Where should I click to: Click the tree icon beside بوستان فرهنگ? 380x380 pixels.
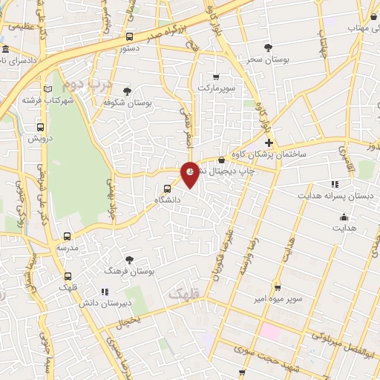coord(130,260)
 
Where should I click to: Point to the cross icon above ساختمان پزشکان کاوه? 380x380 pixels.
coord(269,142)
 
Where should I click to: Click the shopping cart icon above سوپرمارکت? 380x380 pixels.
coord(215,76)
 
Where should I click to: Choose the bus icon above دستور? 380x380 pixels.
coord(130,36)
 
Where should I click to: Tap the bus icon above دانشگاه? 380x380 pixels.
coord(167,188)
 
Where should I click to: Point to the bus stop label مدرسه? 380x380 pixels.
coord(68,247)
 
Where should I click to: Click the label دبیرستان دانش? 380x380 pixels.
coord(127,303)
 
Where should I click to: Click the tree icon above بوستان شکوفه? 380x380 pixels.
coord(128,91)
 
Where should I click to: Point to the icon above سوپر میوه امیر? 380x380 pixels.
coord(277,287)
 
